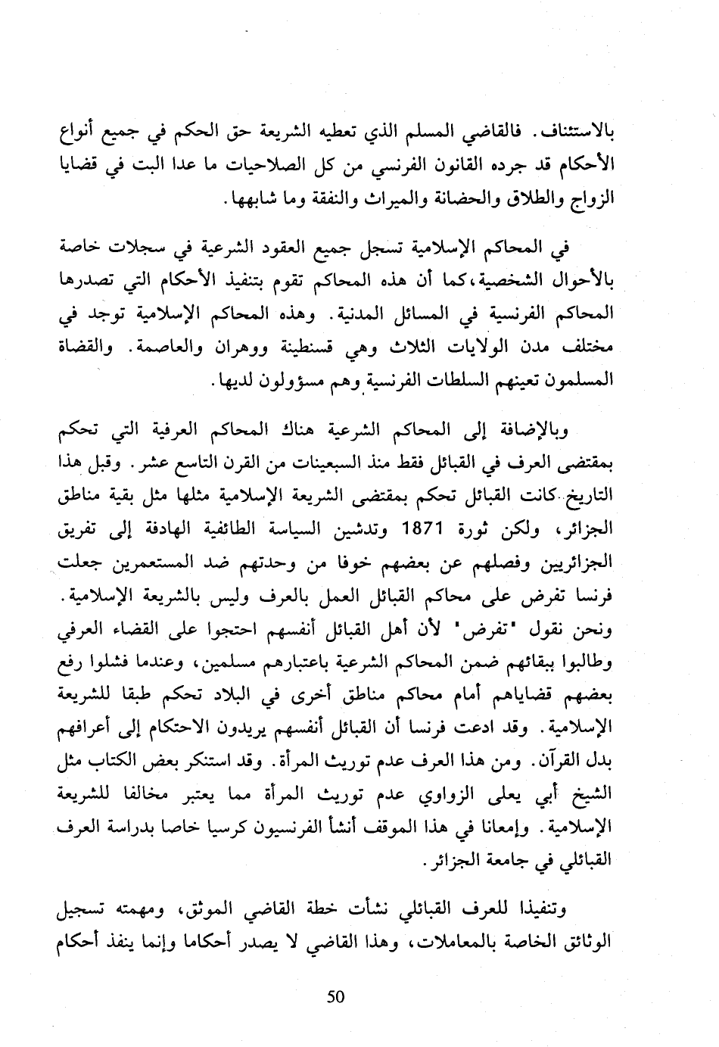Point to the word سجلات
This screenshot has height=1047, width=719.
click(x=131, y=249)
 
